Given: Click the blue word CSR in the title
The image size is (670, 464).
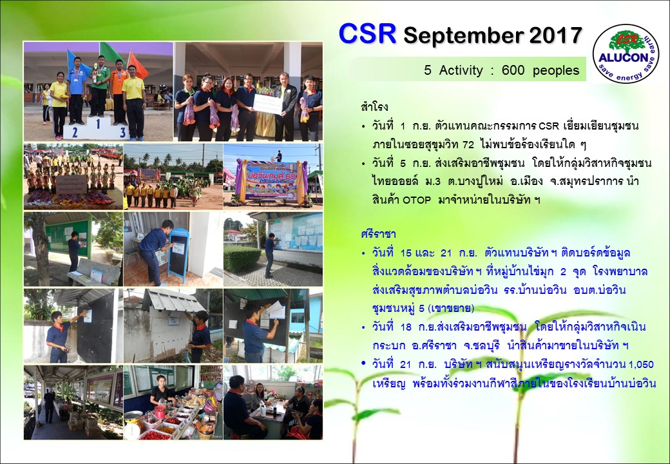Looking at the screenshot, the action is [367, 34].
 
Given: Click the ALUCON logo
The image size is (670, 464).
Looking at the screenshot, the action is [626, 53].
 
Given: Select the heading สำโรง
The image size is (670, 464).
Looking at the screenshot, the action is [374, 107].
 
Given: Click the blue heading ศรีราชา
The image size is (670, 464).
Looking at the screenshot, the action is [378, 234].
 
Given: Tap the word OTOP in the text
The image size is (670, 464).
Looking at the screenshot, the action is [417, 200].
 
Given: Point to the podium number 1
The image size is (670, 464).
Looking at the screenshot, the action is [98, 124].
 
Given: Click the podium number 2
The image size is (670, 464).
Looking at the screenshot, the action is [75, 133].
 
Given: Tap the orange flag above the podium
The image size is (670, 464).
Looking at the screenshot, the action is [138, 65].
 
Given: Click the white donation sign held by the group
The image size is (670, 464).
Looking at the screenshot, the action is [269, 104].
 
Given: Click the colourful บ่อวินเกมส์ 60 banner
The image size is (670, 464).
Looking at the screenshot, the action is [271, 180].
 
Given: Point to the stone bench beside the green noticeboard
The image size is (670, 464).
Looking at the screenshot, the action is [94, 272].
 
